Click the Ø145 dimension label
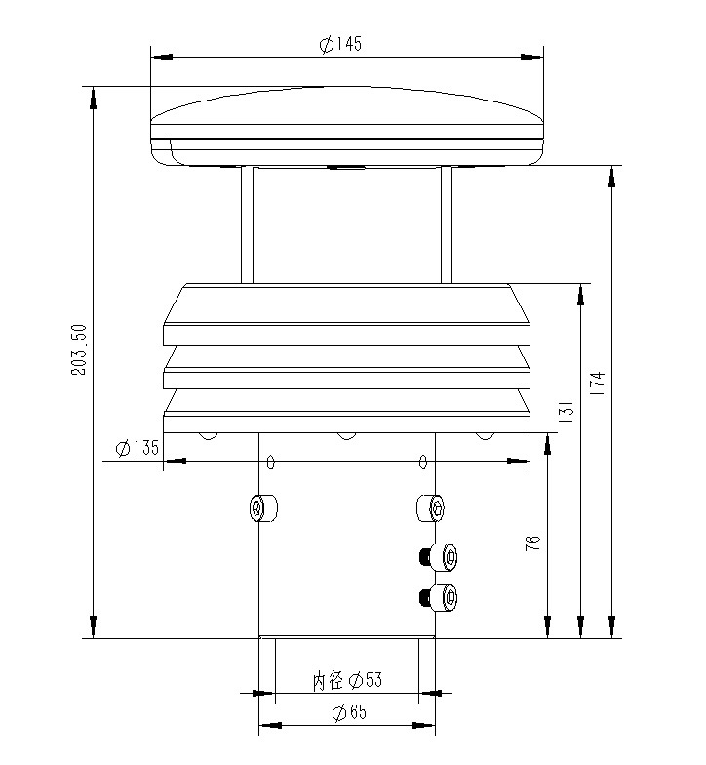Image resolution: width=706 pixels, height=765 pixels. [x=340, y=45]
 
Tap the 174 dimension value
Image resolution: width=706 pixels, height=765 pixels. [x=598, y=382]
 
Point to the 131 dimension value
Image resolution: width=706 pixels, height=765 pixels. [x=566, y=412]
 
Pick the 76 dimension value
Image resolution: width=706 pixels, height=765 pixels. [x=532, y=544]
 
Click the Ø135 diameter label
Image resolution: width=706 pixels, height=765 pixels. [x=137, y=448]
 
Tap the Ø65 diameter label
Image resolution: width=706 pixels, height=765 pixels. [x=348, y=713]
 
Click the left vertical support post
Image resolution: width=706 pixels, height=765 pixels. [x=247, y=224]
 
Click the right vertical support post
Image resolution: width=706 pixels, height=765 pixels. [x=447, y=224]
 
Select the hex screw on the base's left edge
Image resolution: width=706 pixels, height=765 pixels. [x=260, y=507]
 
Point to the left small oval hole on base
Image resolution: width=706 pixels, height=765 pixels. [x=272, y=462]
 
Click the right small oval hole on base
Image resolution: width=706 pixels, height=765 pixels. [x=423, y=462]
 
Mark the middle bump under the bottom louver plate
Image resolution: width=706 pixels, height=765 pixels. [x=346, y=435]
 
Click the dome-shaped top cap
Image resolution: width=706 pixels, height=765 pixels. [x=346, y=122]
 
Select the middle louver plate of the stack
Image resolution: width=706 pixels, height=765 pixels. [x=346, y=371]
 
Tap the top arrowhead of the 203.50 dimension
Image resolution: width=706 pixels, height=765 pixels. [x=94, y=96]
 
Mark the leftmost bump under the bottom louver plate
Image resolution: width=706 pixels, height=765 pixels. [x=207, y=435]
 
